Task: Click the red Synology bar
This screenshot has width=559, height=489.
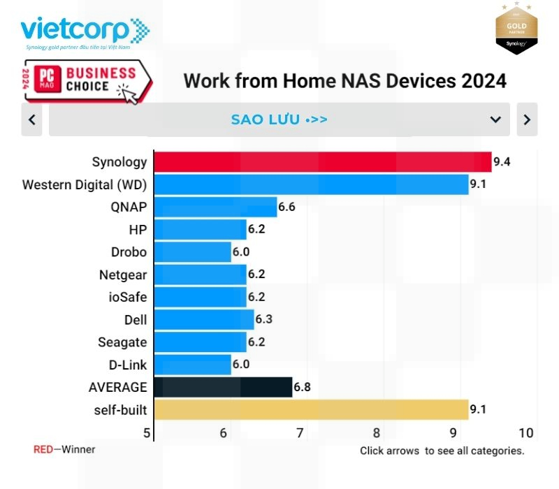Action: point(321,162)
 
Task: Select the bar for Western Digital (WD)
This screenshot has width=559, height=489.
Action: point(310,184)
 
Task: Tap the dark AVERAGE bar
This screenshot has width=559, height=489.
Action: point(222,387)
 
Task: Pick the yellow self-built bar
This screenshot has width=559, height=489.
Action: point(310,409)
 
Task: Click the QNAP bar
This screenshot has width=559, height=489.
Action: point(215,207)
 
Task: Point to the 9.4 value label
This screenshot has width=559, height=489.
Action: point(502,162)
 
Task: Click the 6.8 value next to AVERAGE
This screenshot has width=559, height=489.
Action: point(302,387)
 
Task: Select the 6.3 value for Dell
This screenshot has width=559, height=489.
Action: point(263,319)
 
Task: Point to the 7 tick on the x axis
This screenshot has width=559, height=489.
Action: point(300,433)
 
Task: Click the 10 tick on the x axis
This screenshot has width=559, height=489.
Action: point(526,433)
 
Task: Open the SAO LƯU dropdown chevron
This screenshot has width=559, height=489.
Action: point(495,119)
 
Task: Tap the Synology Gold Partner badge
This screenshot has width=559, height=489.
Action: point(516,28)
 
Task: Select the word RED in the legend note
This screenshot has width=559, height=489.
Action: point(43,449)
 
